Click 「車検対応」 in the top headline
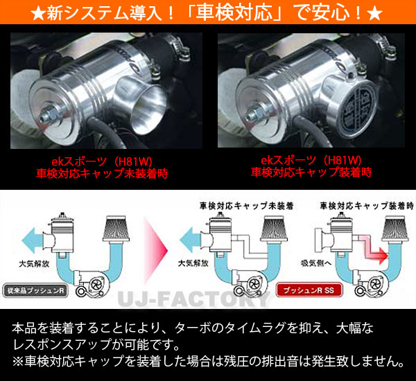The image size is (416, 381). pyautogui.click(x=229, y=12)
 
